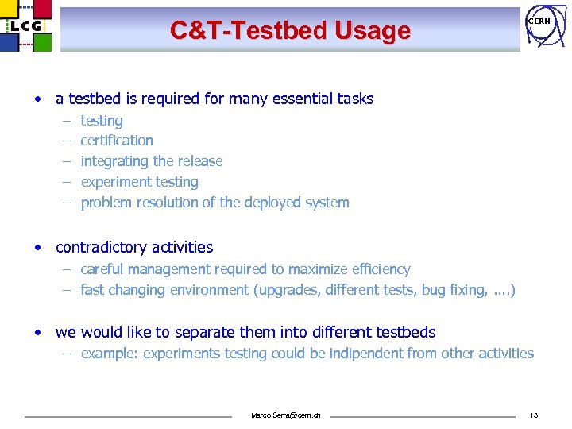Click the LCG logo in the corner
pos(25,25)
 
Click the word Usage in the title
pos(373,31)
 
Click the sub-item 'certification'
pos(117,141)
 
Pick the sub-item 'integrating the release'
pos(152,161)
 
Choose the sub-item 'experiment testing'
pos(139,182)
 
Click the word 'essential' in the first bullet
pos(292,99)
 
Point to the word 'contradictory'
pos(99,247)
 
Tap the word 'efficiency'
pos(381,269)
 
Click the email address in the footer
pos(286,415)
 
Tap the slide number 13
pos(534,415)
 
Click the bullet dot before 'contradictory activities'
pos(37,247)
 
